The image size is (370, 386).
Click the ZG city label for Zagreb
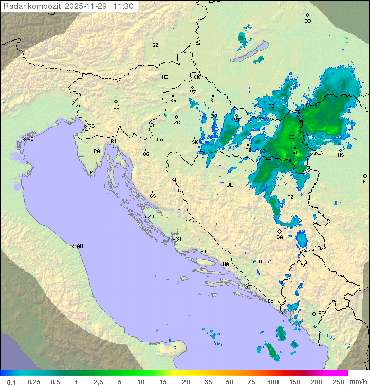[x=177, y=123]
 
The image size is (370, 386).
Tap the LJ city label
[x=116, y=107]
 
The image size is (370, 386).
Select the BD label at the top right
[x=308, y=21]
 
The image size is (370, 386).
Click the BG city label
[x=365, y=181]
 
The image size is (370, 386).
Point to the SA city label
[x=280, y=237]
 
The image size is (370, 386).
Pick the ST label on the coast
[x=203, y=252]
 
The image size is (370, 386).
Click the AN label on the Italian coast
[x=80, y=246]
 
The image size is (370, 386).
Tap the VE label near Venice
[x=30, y=139]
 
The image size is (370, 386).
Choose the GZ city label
[x=155, y=45]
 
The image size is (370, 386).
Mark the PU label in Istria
[x=93, y=173]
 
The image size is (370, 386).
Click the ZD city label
[x=151, y=217]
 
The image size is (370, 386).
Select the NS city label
[x=341, y=155]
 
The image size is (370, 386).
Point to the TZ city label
[x=290, y=197]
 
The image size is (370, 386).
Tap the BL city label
[x=230, y=185]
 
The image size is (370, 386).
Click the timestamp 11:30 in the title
[x=123, y=6]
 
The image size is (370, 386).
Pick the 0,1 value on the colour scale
[x=11, y=382]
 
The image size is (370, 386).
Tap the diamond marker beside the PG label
[x=314, y=313]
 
